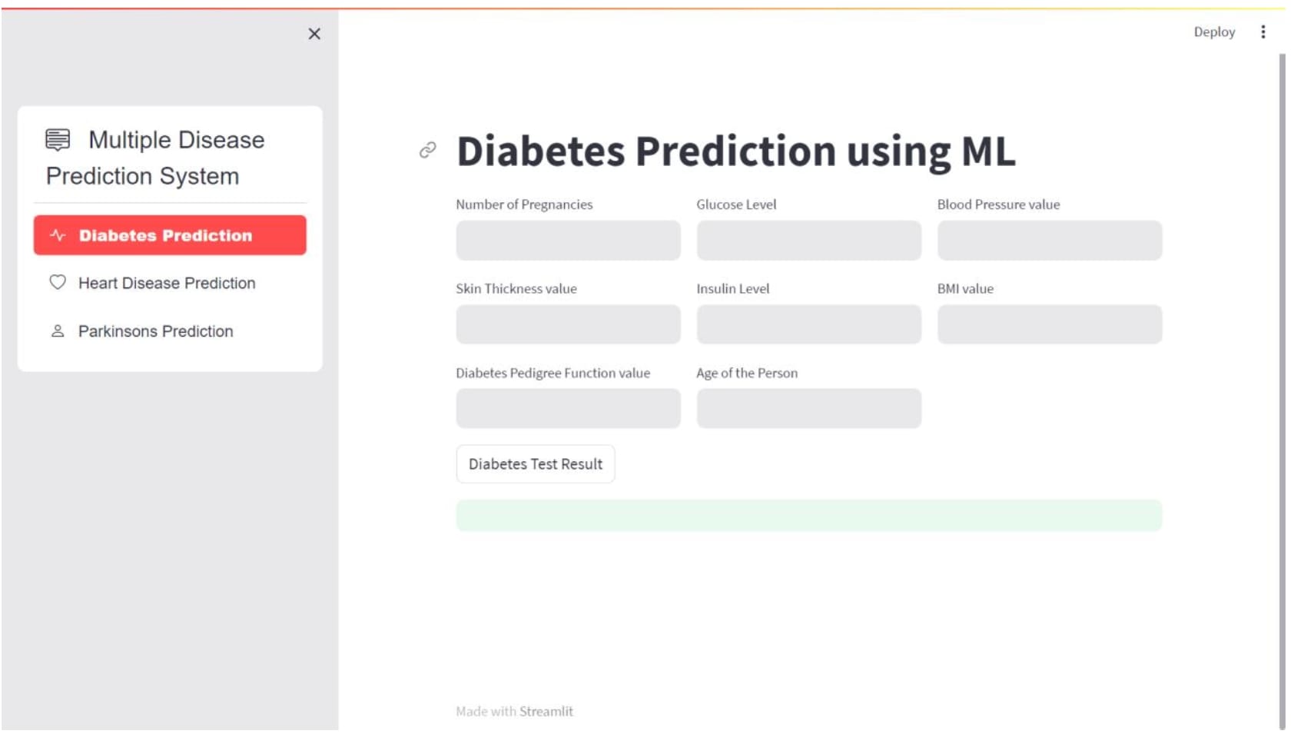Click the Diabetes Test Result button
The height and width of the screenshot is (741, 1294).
tap(536, 464)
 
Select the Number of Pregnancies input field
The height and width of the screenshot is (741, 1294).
tap(569, 240)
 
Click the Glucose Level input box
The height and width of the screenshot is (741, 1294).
tap(808, 240)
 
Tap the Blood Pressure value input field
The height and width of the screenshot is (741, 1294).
tap(1050, 240)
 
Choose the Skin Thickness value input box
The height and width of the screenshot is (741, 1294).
tap(569, 324)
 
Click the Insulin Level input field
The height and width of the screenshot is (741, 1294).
tap(808, 324)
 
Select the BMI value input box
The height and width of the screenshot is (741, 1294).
tap(1050, 324)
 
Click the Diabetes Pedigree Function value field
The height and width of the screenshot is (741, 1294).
tap(569, 409)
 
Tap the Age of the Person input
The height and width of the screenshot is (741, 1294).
tap(808, 409)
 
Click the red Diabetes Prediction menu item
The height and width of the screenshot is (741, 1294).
tap(170, 235)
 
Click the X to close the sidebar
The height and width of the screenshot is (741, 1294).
tap(314, 34)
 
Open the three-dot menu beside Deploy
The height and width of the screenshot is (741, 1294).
tap(1263, 32)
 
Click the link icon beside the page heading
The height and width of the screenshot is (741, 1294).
tap(427, 151)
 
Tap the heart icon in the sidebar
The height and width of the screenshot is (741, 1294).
tap(58, 282)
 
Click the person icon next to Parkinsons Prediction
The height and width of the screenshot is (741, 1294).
tap(58, 331)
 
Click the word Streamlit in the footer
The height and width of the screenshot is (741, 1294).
tap(546, 712)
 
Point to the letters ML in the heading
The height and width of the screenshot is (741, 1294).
tap(988, 151)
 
